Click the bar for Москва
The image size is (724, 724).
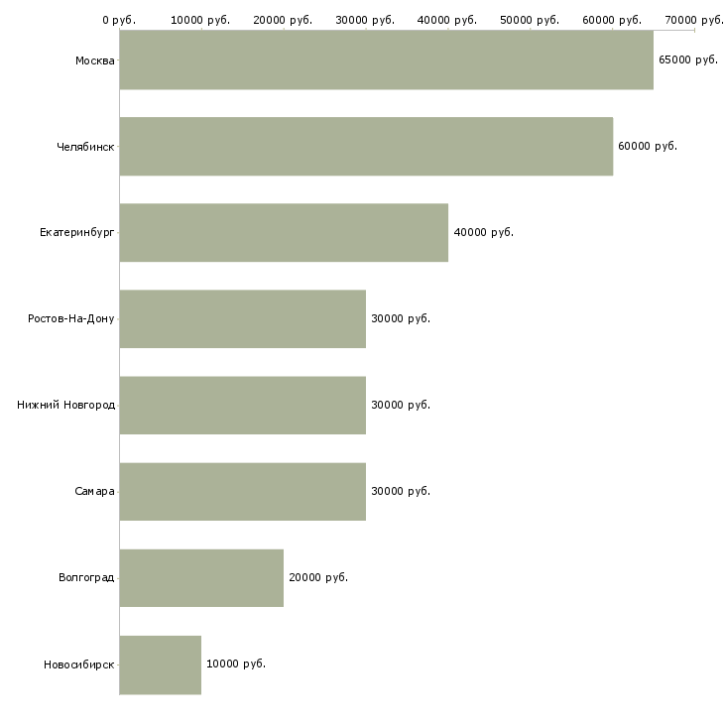[386, 60]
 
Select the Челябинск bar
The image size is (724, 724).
[366, 147]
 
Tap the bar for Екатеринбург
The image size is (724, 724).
[284, 233]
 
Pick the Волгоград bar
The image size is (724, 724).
[201, 577]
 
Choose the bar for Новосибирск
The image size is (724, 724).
[160, 664]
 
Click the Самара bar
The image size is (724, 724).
[242, 492]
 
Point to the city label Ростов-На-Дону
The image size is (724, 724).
[71, 319]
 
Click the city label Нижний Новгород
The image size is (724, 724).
[66, 405]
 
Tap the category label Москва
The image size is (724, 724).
[94, 60]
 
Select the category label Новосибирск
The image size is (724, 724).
[78, 664]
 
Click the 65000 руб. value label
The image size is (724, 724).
[687, 60]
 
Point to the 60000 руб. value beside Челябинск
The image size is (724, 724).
[647, 146]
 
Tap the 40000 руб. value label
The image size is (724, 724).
[483, 232]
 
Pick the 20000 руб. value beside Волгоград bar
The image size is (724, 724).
[317, 577]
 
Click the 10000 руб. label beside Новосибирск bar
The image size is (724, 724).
[235, 664]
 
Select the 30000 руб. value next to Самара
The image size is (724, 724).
[400, 491]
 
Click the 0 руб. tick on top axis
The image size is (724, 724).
[119, 20]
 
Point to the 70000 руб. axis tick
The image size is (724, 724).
[694, 20]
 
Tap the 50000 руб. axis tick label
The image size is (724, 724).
[530, 20]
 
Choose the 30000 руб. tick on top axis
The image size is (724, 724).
[365, 20]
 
